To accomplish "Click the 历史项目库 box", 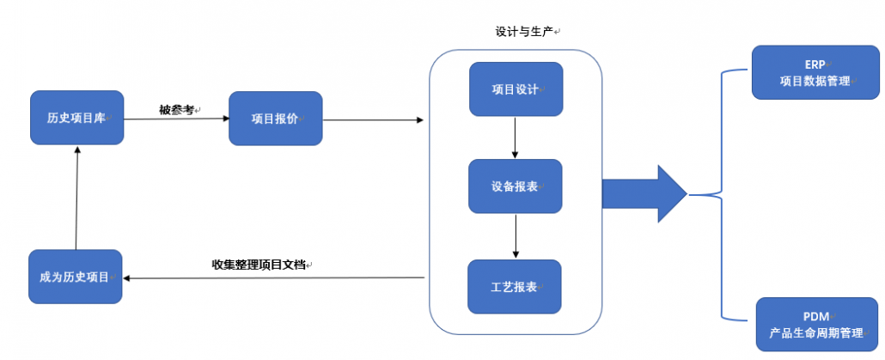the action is pyautogui.click(x=76, y=118).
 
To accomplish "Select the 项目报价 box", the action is pyautogui.click(x=276, y=119).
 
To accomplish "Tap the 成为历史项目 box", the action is pyautogui.click(x=76, y=277).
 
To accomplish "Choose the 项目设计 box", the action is pyautogui.click(x=516, y=89).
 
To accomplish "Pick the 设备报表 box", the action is pyautogui.click(x=516, y=186).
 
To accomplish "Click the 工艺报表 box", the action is pyautogui.click(x=515, y=287).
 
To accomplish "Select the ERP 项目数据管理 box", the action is pyautogui.click(x=815, y=72).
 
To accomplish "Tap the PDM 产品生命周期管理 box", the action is pyautogui.click(x=817, y=325).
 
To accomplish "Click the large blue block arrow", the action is pyautogui.click(x=644, y=194).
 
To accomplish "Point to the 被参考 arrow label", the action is pyautogui.click(x=176, y=109).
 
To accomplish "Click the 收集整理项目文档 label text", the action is pyautogui.click(x=259, y=265).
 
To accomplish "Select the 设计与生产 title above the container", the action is pyautogui.click(x=524, y=32).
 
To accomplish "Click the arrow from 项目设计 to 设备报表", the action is pyautogui.click(x=516, y=137).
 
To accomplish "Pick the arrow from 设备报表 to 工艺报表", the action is pyautogui.click(x=516, y=236).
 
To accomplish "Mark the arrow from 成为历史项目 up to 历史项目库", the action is pyautogui.click(x=76, y=197).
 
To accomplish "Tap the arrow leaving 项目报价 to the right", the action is pyautogui.click(x=373, y=119).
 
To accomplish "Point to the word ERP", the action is pyautogui.click(x=815, y=64).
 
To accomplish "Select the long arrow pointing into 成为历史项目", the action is pyautogui.click(x=274, y=278).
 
